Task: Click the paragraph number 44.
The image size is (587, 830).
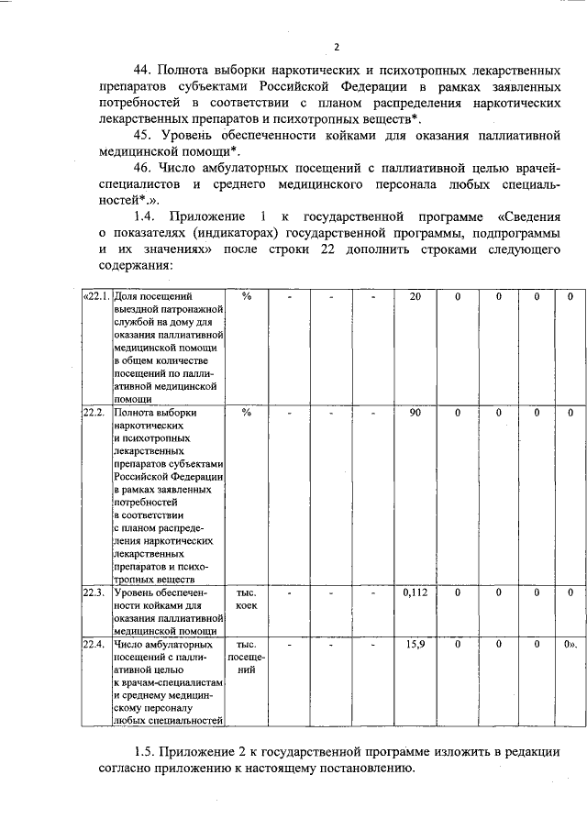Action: coord(143,70)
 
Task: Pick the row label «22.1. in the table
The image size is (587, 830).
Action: coord(95,297)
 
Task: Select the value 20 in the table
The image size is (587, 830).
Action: coord(415,297)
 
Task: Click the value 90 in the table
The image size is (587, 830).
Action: coord(415,412)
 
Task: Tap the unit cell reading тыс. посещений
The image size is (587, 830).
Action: coord(246,657)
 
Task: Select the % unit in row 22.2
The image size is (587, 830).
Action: coord(246,412)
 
